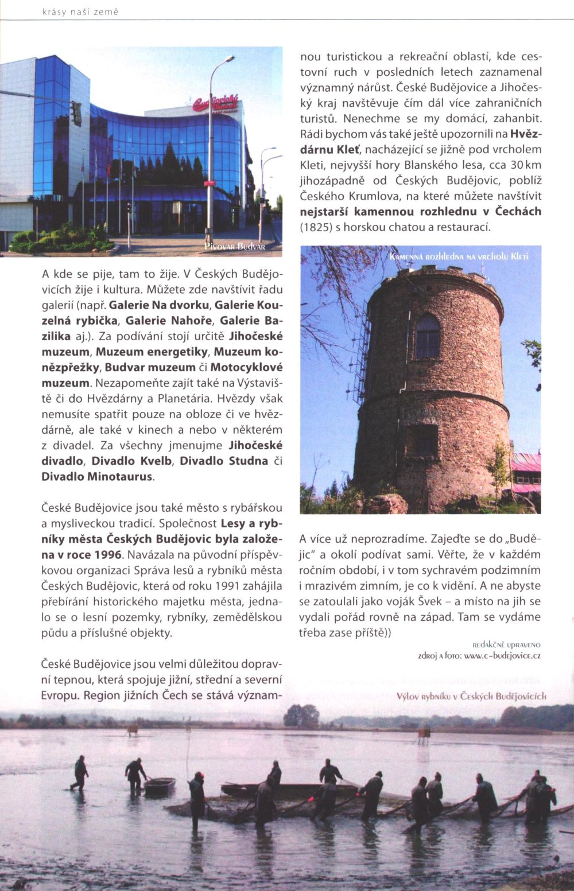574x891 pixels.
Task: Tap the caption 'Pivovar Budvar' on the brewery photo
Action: (x=234, y=247)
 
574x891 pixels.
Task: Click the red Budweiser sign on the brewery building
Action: (x=216, y=104)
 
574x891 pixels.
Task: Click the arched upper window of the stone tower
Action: (x=427, y=337)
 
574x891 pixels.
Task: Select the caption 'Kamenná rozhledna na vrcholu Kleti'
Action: (x=458, y=256)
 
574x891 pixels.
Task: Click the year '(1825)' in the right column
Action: (x=316, y=227)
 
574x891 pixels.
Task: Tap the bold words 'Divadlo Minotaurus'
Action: (x=97, y=477)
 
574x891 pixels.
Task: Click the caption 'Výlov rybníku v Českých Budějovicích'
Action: (x=471, y=697)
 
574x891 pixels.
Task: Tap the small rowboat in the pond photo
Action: (x=159, y=785)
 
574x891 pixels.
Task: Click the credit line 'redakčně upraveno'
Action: (x=506, y=645)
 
